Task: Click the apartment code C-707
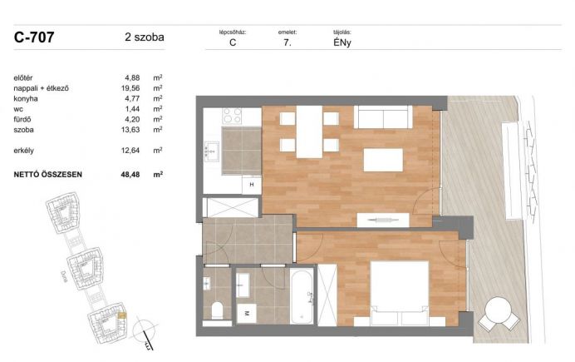click(x=34, y=37)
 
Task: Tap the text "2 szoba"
click(x=145, y=37)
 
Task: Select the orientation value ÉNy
click(x=342, y=42)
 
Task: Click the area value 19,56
click(x=130, y=88)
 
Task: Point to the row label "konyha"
click(x=26, y=99)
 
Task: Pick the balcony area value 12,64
click(x=130, y=151)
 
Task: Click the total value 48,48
click(x=130, y=175)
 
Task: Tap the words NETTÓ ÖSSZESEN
click(x=47, y=175)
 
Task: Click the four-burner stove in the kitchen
click(x=232, y=116)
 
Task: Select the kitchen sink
click(x=212, y=151)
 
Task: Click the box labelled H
click(x=252, y=185)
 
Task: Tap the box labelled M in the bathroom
click(x=247, y=313)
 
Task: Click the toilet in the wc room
click(x=218, y=310)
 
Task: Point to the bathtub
click(x=302, y=296)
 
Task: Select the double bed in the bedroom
click(x=400, y=293)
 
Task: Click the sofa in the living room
click(x=384, y=117)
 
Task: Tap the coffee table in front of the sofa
click(x=383, y=160)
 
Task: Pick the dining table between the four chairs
click(x=309, y=131)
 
